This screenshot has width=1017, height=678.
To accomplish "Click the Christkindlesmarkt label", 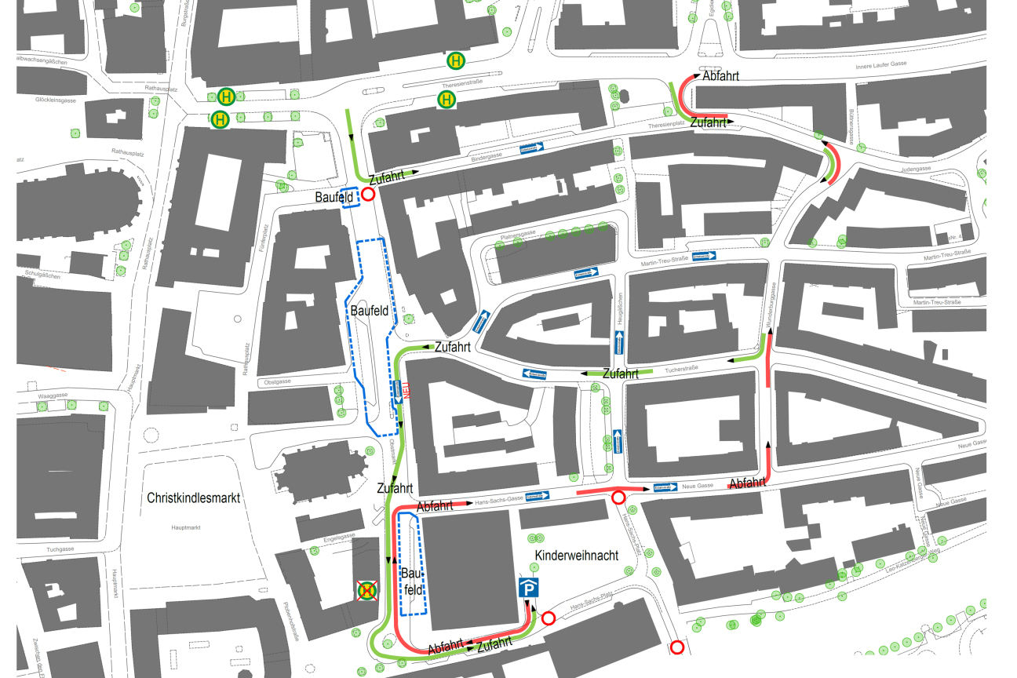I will pyautogui.click(x=193, y=498).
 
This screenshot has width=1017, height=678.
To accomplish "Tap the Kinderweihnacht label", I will pyautogui.click(x=577, y=556).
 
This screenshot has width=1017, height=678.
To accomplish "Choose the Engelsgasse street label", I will pyautogui.click(x=339, y=536).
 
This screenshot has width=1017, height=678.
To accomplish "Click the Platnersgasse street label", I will pyautogui.click(x=518, y=234).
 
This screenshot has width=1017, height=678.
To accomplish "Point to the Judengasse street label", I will pyautogui.click(x=917, y=168).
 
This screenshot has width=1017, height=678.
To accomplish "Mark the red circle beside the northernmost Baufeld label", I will pyautogui.click(x=368, y=195).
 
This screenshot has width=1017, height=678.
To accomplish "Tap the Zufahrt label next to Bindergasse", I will pyautogui.click(x=387, y=178).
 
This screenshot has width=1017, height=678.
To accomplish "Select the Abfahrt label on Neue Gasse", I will pyautogui.click(x=747, y=483).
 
